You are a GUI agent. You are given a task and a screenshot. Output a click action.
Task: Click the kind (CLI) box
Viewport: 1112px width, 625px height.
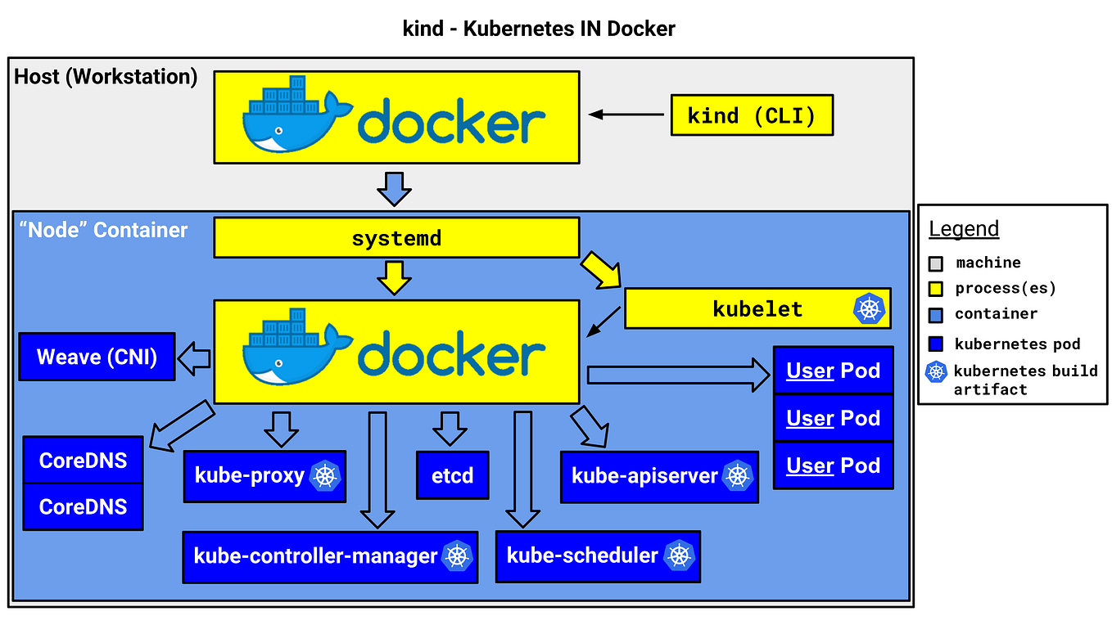(752, 115)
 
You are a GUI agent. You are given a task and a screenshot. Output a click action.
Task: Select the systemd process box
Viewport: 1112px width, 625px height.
(396, 238)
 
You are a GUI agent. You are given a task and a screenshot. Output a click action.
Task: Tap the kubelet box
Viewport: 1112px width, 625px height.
(757, 308)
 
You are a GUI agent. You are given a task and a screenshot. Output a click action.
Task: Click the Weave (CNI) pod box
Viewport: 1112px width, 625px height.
(97, 357)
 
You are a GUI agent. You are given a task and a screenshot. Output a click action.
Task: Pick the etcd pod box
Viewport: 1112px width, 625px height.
(452, 475)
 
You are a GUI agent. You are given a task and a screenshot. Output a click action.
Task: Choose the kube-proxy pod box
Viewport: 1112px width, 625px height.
(264, 475)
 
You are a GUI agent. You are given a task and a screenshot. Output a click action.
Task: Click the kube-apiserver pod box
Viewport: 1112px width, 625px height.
(659, 476)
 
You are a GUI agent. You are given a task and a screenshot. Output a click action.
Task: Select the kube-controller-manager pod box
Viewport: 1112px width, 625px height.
(329, 556)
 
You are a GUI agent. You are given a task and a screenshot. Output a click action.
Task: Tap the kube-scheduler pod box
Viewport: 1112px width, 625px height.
(598, 556)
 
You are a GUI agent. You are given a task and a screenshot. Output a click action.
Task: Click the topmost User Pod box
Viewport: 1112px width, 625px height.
(833, 371)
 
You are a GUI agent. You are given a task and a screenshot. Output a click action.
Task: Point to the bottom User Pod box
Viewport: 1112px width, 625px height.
(833, 465)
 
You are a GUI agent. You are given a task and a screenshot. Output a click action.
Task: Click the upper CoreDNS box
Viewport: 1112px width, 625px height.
(83, 460)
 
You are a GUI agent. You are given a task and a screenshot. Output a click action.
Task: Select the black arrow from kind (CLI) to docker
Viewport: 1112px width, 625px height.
(626, 115)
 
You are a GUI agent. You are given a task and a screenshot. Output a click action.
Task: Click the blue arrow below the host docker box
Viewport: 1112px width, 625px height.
(394, 188)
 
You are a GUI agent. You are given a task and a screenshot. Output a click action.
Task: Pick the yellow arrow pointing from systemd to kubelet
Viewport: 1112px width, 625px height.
(602, 272)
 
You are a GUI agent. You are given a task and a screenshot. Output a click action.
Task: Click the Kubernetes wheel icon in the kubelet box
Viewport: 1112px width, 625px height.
(869, 308)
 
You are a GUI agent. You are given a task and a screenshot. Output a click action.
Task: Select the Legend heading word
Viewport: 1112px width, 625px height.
(964, 229)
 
